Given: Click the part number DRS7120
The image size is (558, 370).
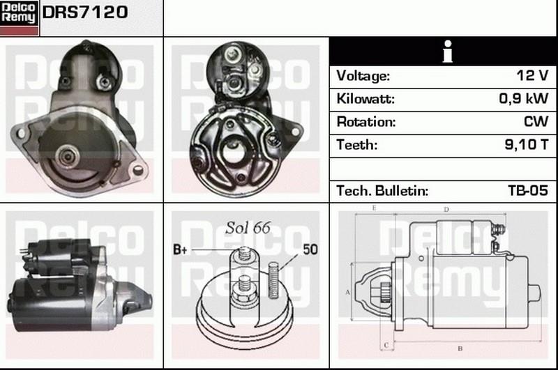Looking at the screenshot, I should point(86,12).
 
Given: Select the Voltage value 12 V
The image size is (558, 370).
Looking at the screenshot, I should point(533,75).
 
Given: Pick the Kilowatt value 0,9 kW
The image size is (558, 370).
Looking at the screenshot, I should point(523,99).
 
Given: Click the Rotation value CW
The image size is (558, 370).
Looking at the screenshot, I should point(535,122).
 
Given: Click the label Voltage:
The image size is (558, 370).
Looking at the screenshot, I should point(363,75).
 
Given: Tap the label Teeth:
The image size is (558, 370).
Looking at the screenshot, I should point(356,145).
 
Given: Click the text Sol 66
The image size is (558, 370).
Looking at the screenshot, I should point(247,228).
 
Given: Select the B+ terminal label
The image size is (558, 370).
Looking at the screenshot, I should point(179,249).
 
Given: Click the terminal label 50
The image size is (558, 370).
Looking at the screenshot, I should point(310,249).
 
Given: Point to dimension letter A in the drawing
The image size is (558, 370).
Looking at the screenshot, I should point(347,292).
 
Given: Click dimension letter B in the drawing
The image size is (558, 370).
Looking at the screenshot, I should point(459,348).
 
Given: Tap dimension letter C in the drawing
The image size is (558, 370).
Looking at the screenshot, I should point(384,345).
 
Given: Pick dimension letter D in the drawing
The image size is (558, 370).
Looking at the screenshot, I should point(446,209).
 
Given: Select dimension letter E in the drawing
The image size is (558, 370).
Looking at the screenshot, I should point(375,208).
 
